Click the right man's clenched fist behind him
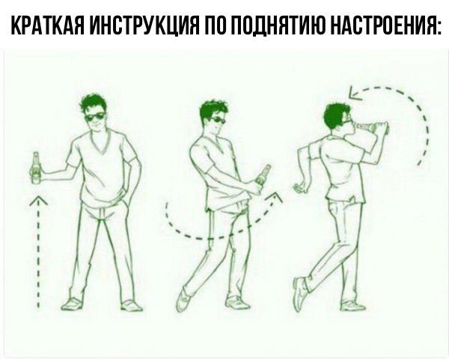click(302, 186)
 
